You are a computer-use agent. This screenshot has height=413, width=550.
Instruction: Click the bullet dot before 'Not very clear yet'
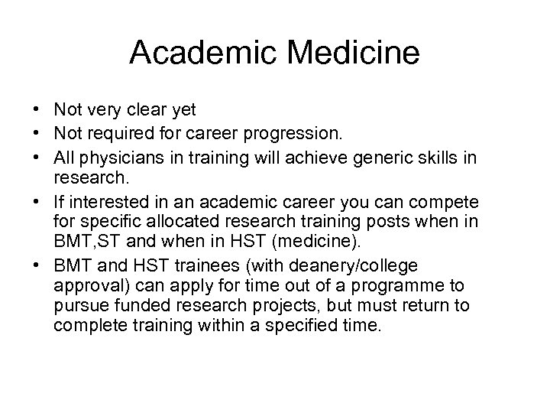(x=35, y=110)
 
